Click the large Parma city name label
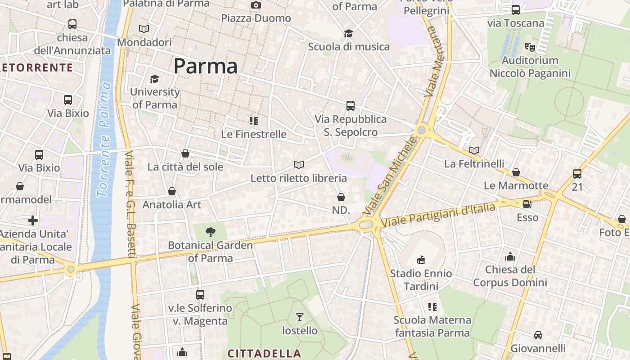tap(205, 67)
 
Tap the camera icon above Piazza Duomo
tap(256, 5)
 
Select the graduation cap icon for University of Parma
tap(154, 79)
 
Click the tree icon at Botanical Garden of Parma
tap(210, 232)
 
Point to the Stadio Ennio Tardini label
tap(421, 279)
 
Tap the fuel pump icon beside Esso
tap(527, 204)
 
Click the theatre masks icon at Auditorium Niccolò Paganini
tap(530, 47)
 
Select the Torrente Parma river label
tap(104, 139)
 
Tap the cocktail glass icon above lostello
tap(299, 317)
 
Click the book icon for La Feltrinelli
tap(474, 150)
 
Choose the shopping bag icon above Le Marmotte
tap(516, 172)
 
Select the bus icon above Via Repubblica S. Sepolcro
tap(351, 106)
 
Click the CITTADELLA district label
tap(264, 353)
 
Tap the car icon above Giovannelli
tap(538, 335)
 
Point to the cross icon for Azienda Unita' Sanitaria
tap(33, 220)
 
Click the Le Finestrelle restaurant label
tap(254, 134)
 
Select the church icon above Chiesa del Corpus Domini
tap(510, 256)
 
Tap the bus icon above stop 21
tap(577, 173)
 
